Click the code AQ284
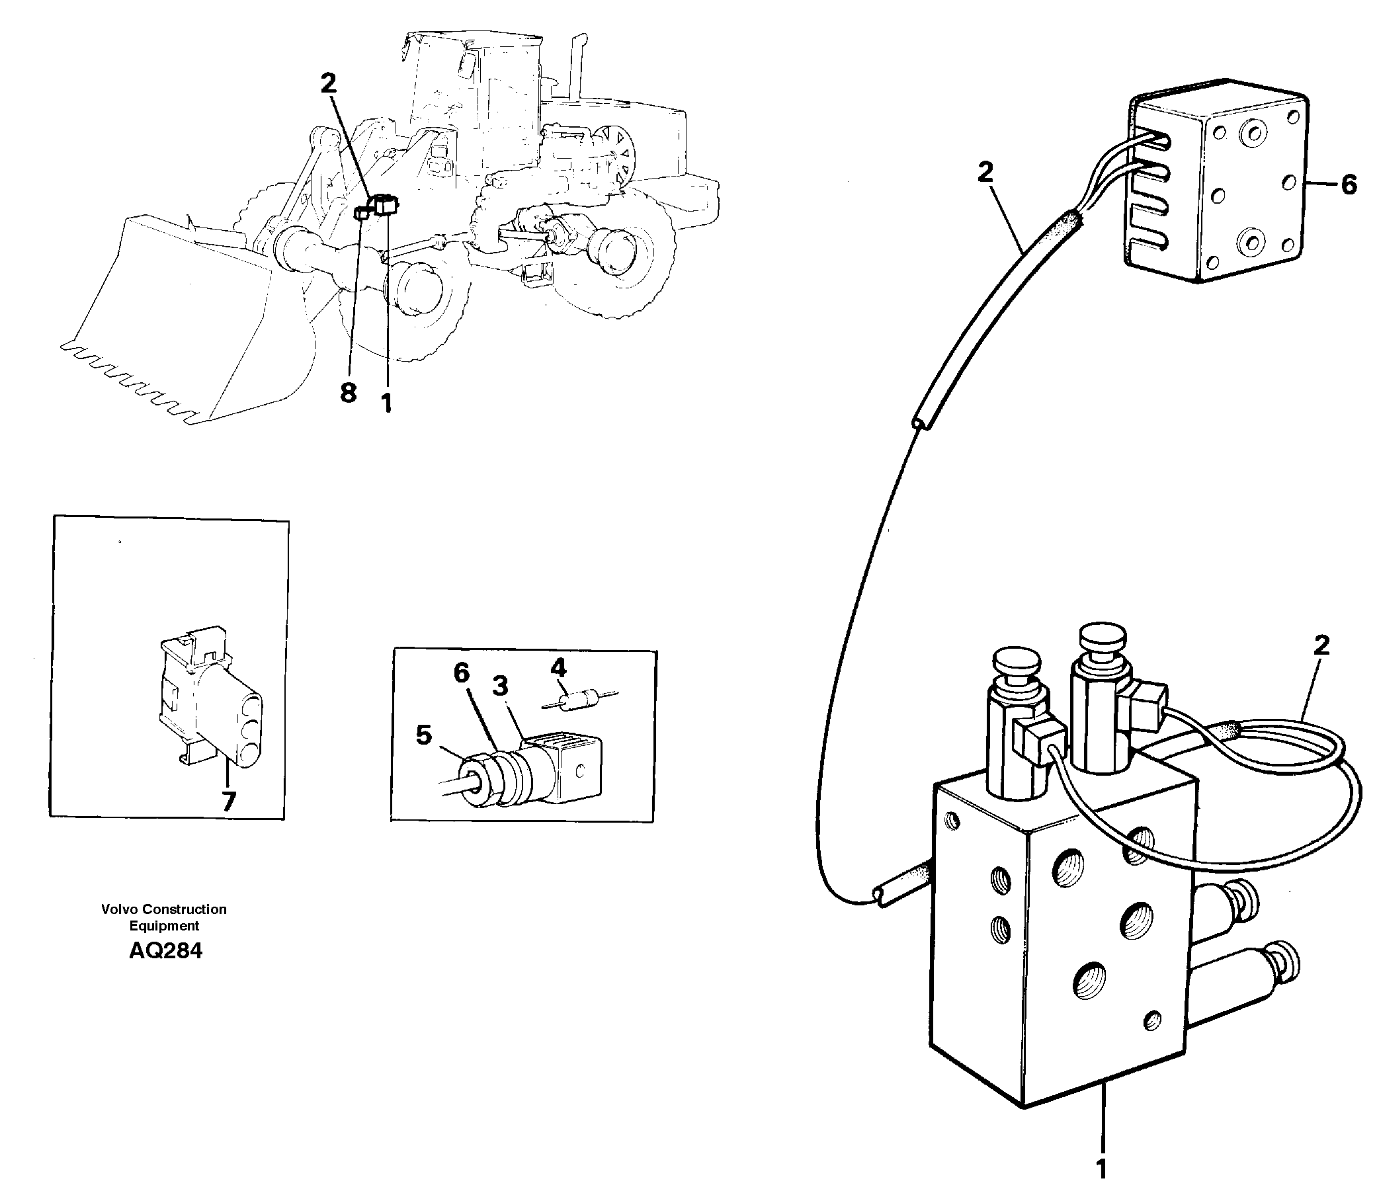coord(165,952)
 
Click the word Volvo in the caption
coord(120,909)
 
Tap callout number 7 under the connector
coord(229,802)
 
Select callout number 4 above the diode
coord(558,667)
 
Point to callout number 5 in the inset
coord(424,735)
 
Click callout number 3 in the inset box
coord(500,686)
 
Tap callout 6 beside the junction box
coord(1349,185)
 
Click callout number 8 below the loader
coord(348,393)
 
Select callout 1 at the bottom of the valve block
coord(1101,1169)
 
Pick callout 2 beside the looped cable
coord(1321,645)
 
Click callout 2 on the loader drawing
coord(328,84)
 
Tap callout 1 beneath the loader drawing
coord(386,403)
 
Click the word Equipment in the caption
coord(164,927)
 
